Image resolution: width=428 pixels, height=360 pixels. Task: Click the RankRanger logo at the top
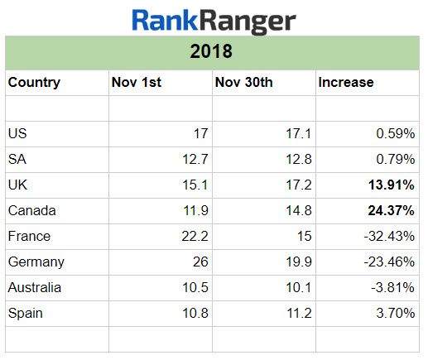tap(214, 20)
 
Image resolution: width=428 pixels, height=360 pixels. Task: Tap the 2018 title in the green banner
tap(214, 52)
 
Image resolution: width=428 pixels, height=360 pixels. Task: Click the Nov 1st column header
tap(136, 83)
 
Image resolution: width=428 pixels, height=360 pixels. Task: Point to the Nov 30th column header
tap(243, 83)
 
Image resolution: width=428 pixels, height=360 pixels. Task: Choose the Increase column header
tap(346, 83)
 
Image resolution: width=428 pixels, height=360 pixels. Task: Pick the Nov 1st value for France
tap(192, 237)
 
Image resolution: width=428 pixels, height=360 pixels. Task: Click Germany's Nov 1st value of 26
tap(199, 262)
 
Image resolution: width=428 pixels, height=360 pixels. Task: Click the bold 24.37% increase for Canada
tap(392, 210)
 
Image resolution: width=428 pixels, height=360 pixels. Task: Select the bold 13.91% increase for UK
tap(392, 185)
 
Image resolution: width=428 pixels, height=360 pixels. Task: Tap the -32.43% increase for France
tap(390, 237)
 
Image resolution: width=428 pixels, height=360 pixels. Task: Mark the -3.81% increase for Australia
tap(393, 288)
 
